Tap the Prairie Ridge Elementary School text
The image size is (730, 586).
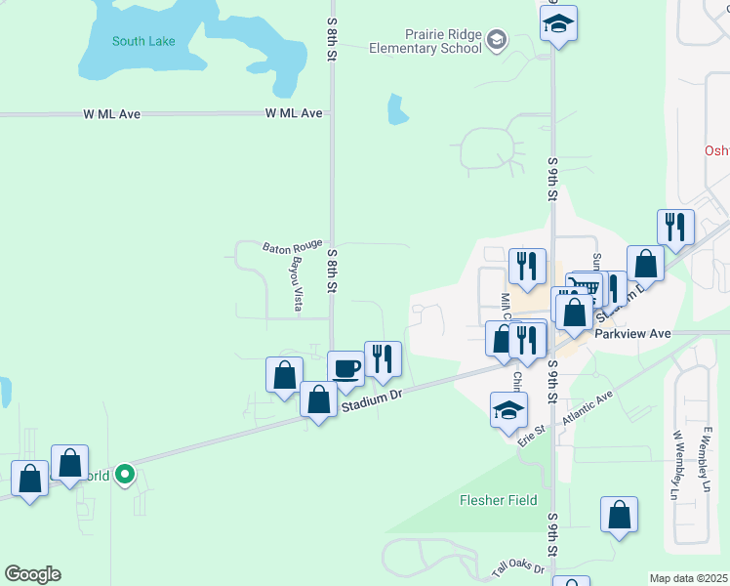pyautogui.click(x=426, y=40)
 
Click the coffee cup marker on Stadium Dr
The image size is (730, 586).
pyautogui.click(x=345, y=369)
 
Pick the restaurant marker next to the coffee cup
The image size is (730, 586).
pyautogui.click(x=383, y=359)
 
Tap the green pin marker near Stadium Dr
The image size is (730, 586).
pyautogui.click(x=125, y=475)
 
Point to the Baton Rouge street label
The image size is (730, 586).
pyautogui.click(x=292, y=246)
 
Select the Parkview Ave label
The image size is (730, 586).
pyautogui.click(x=633, y=333)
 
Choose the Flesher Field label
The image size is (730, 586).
pyautogui.click(x=499, y=500)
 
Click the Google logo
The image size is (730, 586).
pyautogui.click(x=32, y=574)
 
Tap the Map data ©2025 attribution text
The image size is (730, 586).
pyautogui.click(x=687, y=578)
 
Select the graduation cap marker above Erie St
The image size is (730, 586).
pyautogui.click(x=508, y=410)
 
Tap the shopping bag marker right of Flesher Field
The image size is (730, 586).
pyautogui.click(x=619, y=515)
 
